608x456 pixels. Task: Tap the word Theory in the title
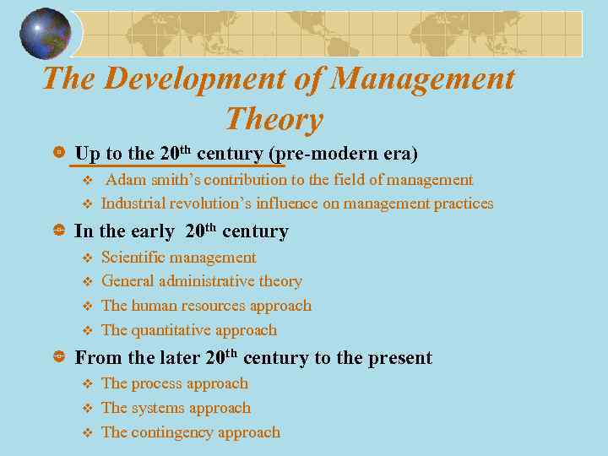[274, 119]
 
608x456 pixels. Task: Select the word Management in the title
[421, 79]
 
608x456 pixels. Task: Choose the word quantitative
[174, 330]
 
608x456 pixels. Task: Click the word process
[159, 383]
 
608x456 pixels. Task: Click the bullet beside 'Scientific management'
[85, 258]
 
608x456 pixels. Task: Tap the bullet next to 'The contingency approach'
[85, 432]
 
